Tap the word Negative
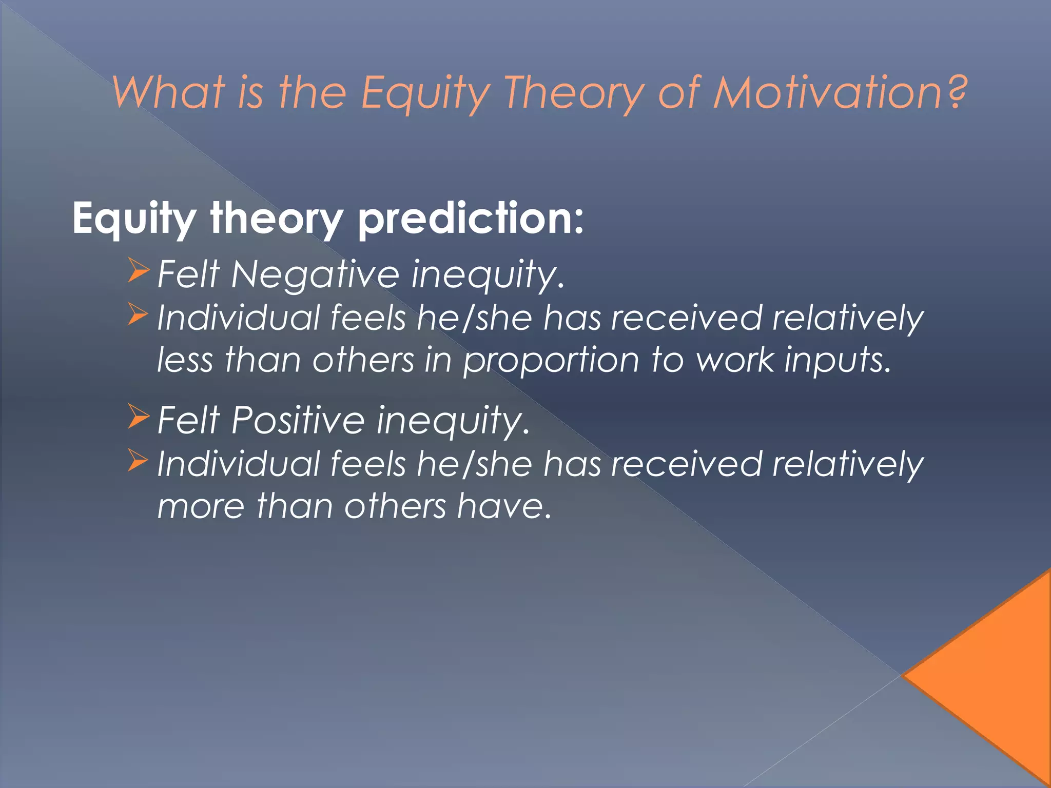(x=315, y=274)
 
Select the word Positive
(x=298, y=420)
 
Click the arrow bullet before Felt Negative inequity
(x=138, y=271)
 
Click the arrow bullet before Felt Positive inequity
(x=138, y=417)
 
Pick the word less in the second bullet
(x=184, y=360)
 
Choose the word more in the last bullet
(x=201, y=506)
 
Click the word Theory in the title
(x=574, y=93)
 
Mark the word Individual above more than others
(x=239, y=463)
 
